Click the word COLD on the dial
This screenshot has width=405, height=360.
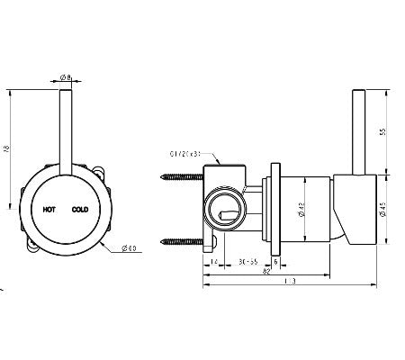[80, 207]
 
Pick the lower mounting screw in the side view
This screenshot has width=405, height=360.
[181, 240]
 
